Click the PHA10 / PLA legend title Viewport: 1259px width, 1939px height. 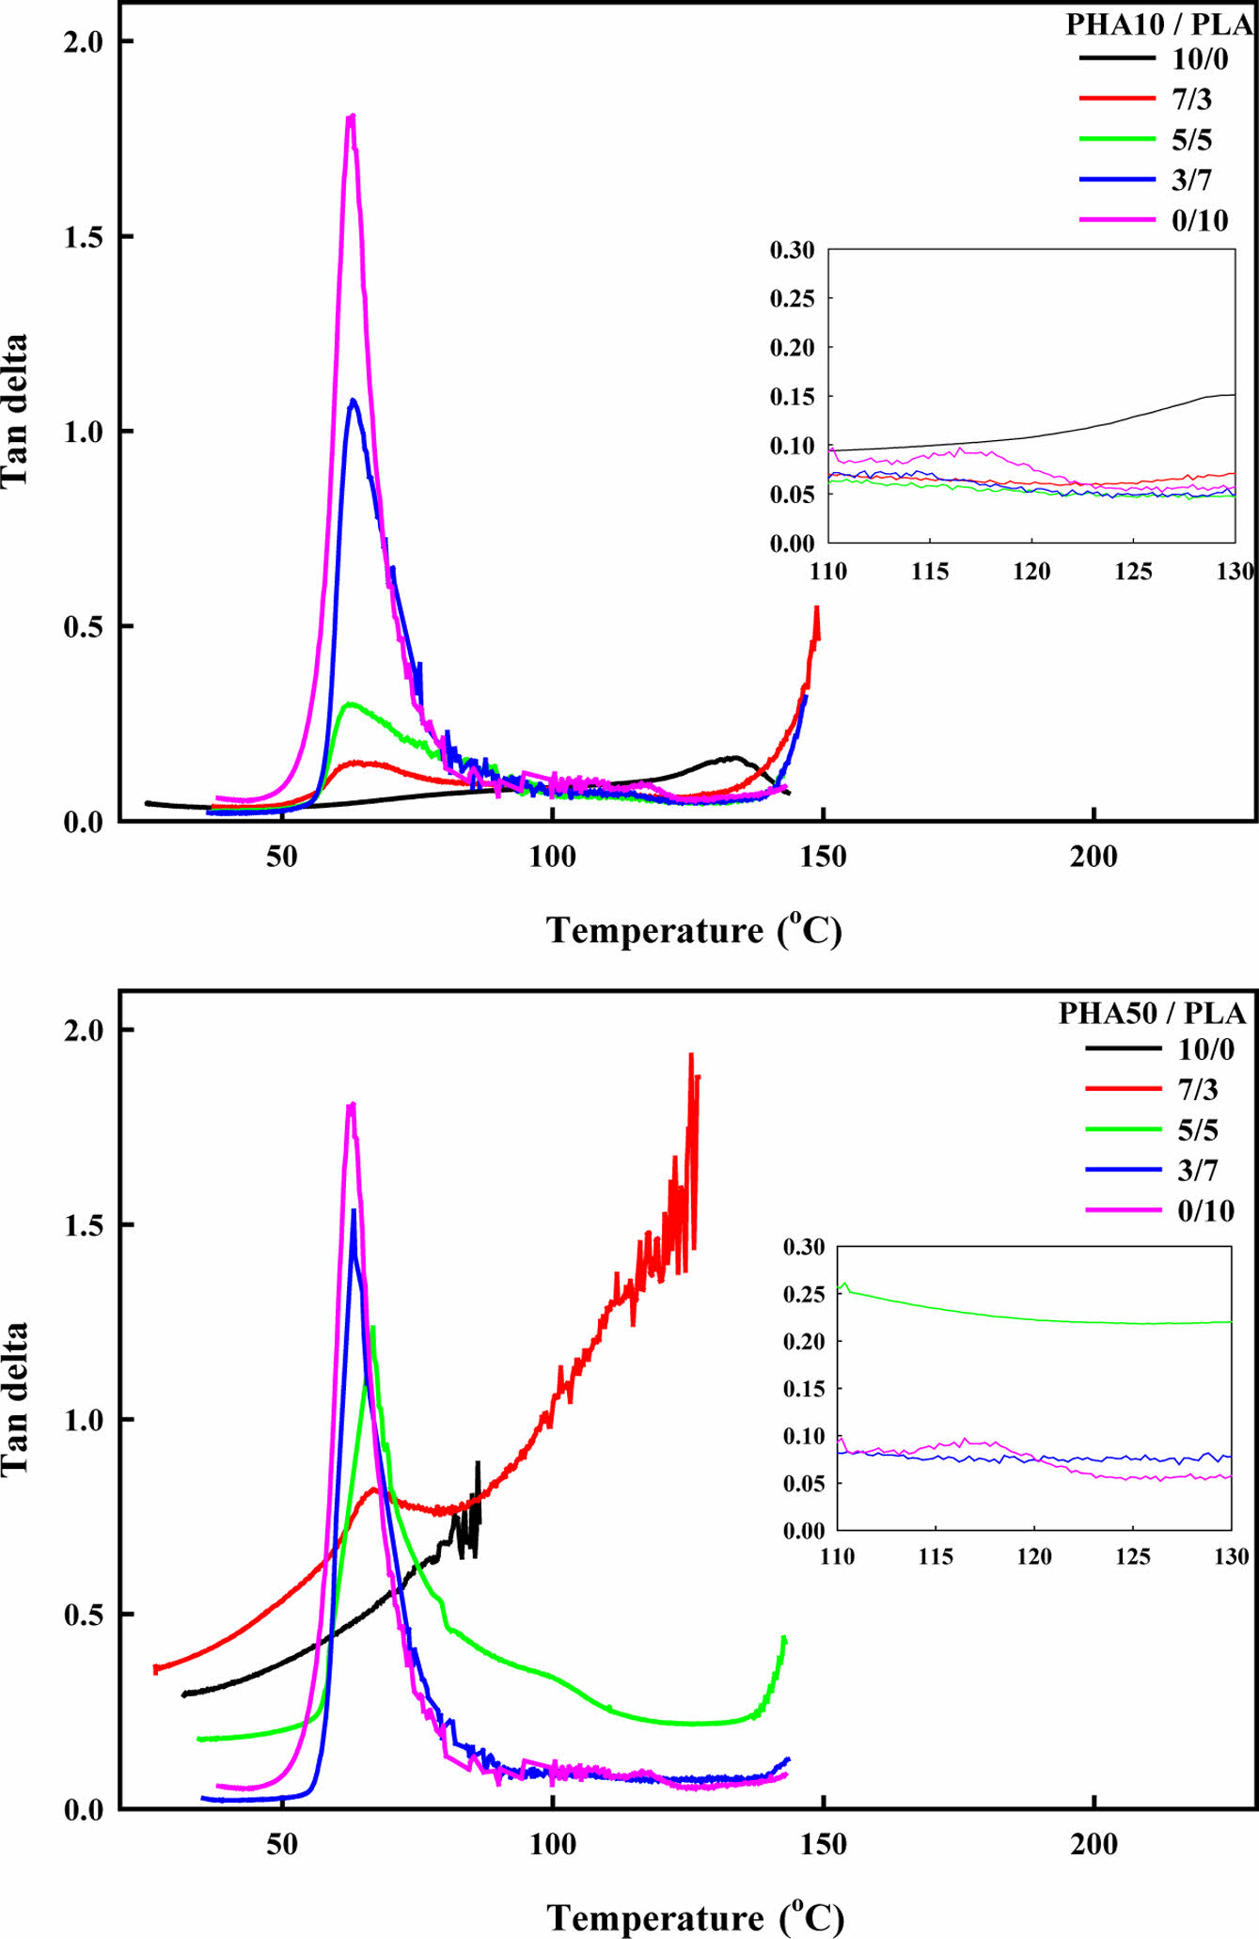pyautogui.click(x=1158, y=24)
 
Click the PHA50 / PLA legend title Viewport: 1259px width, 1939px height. pyautogui.click(x=1152, y=1013)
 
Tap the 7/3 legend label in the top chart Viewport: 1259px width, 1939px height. pyautogui.click(x=1191, y=99)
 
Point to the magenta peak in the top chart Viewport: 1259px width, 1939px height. pyautogui.click(x=352, y=118)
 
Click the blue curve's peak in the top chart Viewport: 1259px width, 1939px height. pyautogui.click(x=353, y=402)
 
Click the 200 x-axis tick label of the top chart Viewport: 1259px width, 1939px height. pyautogui.click(x=1094, y=857)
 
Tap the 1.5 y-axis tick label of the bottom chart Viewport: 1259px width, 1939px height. pyautogui.click(x=84, y=1225)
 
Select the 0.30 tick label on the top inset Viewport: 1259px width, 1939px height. pyautogui.click(x=792, y=250)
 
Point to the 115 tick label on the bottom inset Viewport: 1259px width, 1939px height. pyautogui.click(x=936, y=1556)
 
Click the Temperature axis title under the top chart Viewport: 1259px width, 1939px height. pyautogui.click(x=694, y=930)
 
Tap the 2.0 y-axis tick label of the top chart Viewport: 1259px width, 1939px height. pyautogui.click(x=84, y=42)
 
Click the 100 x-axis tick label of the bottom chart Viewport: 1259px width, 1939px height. pyautogui.click(x=552, y=1844)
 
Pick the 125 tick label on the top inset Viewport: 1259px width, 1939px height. pyautogui.click(x=1133, y=572)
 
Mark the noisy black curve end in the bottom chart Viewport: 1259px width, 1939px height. pyautogui.click(x=478, y=1464)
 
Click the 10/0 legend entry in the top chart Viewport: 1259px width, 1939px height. pyautogui.click(x=1199, y=59)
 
